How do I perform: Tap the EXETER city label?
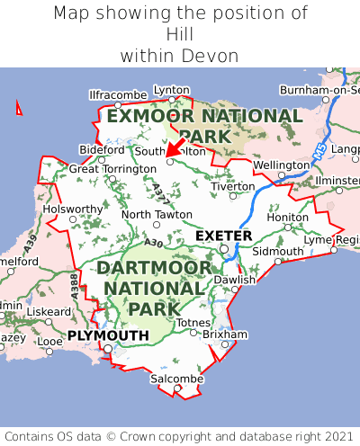click(223, 236)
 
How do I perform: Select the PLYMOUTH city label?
click(107, 335)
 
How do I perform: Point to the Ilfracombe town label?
click(117, 94)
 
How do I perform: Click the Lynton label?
click(172, 90)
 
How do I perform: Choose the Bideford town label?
click(102, 149)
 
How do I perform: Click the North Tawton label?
click(157, 214)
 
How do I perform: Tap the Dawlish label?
click(235, 280)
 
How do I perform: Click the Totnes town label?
click(193, 322)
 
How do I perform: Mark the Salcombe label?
click(175, 379)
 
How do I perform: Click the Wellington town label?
click(281, 165)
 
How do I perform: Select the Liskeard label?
click(49, 311)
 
